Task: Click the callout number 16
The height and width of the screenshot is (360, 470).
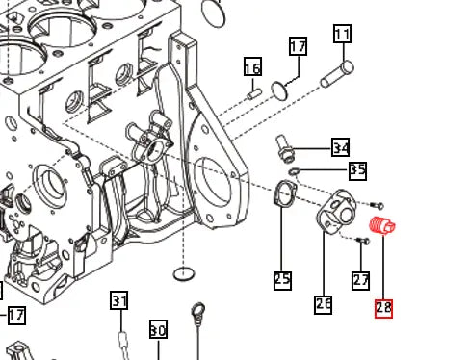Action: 252,67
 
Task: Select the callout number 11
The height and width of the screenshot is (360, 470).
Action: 342,35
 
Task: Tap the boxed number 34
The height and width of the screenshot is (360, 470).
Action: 340,147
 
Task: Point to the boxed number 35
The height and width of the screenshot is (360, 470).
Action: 357,170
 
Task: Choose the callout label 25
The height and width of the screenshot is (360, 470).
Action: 282,280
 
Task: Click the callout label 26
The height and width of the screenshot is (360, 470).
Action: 324,304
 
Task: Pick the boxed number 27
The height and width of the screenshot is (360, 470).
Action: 360,280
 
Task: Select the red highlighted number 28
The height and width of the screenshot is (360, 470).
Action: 383,308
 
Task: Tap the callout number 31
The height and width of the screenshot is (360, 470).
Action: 118,301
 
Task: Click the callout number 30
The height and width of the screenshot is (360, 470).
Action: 158,330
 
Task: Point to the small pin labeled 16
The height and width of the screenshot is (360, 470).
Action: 255,93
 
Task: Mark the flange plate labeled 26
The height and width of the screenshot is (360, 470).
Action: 336,213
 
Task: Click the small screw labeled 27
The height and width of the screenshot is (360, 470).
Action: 362,240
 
